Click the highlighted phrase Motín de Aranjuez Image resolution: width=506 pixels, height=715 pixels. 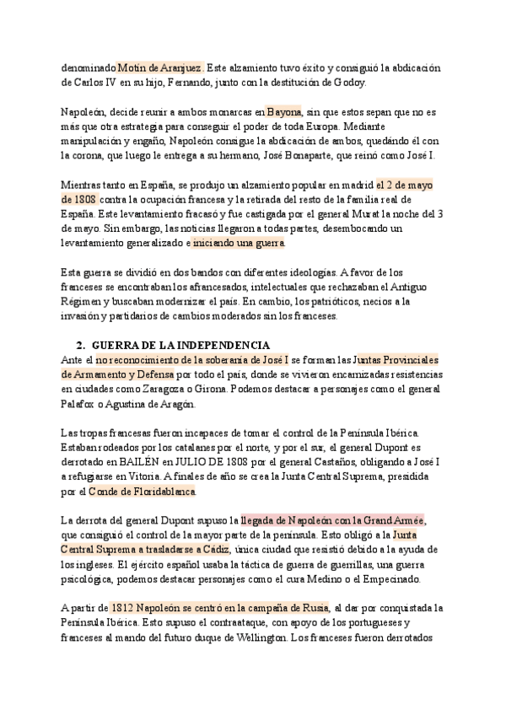160,67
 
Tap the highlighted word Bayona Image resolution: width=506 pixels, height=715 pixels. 284,111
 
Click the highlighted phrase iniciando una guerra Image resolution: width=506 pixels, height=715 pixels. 240,243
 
